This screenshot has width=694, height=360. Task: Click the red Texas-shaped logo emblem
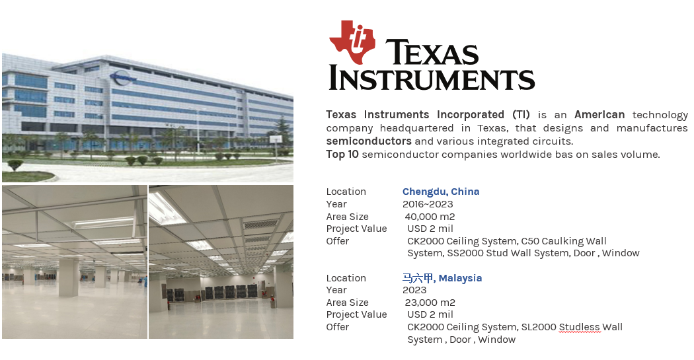[352, 42]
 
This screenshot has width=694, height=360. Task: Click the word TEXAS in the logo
[432, 52]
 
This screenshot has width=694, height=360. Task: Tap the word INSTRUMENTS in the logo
[432, 79]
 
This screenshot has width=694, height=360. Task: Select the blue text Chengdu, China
[441, 192]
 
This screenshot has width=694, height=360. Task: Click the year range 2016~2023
[428, 204]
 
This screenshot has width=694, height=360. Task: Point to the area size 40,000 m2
[430, 217]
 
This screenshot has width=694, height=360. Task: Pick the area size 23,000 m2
[430, 303]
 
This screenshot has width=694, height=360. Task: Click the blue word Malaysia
[460, 278]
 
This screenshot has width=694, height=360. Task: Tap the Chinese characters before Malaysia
[418, 277]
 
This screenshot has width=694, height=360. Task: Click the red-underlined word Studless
[580, 327]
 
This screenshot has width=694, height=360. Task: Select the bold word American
[599, 114]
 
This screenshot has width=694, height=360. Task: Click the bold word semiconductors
[369, 141]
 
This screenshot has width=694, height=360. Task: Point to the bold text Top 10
[342, 155]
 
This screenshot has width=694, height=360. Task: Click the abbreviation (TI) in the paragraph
[521, 114]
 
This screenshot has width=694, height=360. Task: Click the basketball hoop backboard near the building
[276, 139]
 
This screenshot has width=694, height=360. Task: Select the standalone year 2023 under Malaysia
[414, 290]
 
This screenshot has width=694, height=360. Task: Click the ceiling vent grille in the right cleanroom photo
[261, 224]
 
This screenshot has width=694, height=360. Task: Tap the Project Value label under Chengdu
[356, 229]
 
